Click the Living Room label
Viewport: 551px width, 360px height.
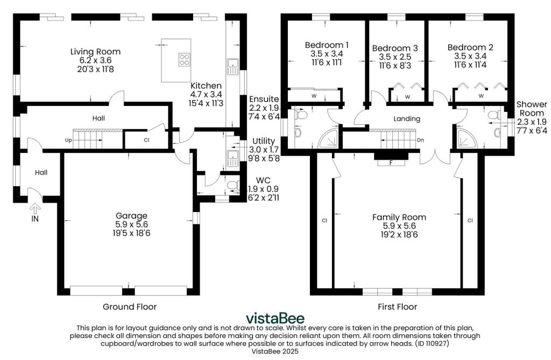point(95,52)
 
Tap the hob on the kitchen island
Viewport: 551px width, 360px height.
point(185,59)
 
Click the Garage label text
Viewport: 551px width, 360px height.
point(131,215)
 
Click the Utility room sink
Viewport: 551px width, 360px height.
point(232,158)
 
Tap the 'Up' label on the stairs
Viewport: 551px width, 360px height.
point(68,140)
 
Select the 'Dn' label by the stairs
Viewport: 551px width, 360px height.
point(420,140)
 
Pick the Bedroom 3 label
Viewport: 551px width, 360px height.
point(395,48)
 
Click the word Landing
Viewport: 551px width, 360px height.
point(407,119)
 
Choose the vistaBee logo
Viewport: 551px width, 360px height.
point(275,318)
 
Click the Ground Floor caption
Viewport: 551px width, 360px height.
point(130,307)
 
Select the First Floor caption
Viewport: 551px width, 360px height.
point(398,307)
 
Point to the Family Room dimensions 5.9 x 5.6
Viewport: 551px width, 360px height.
point(399,226)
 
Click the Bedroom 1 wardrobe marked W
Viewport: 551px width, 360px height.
point(314,96)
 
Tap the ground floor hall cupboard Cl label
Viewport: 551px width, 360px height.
point(146,140)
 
